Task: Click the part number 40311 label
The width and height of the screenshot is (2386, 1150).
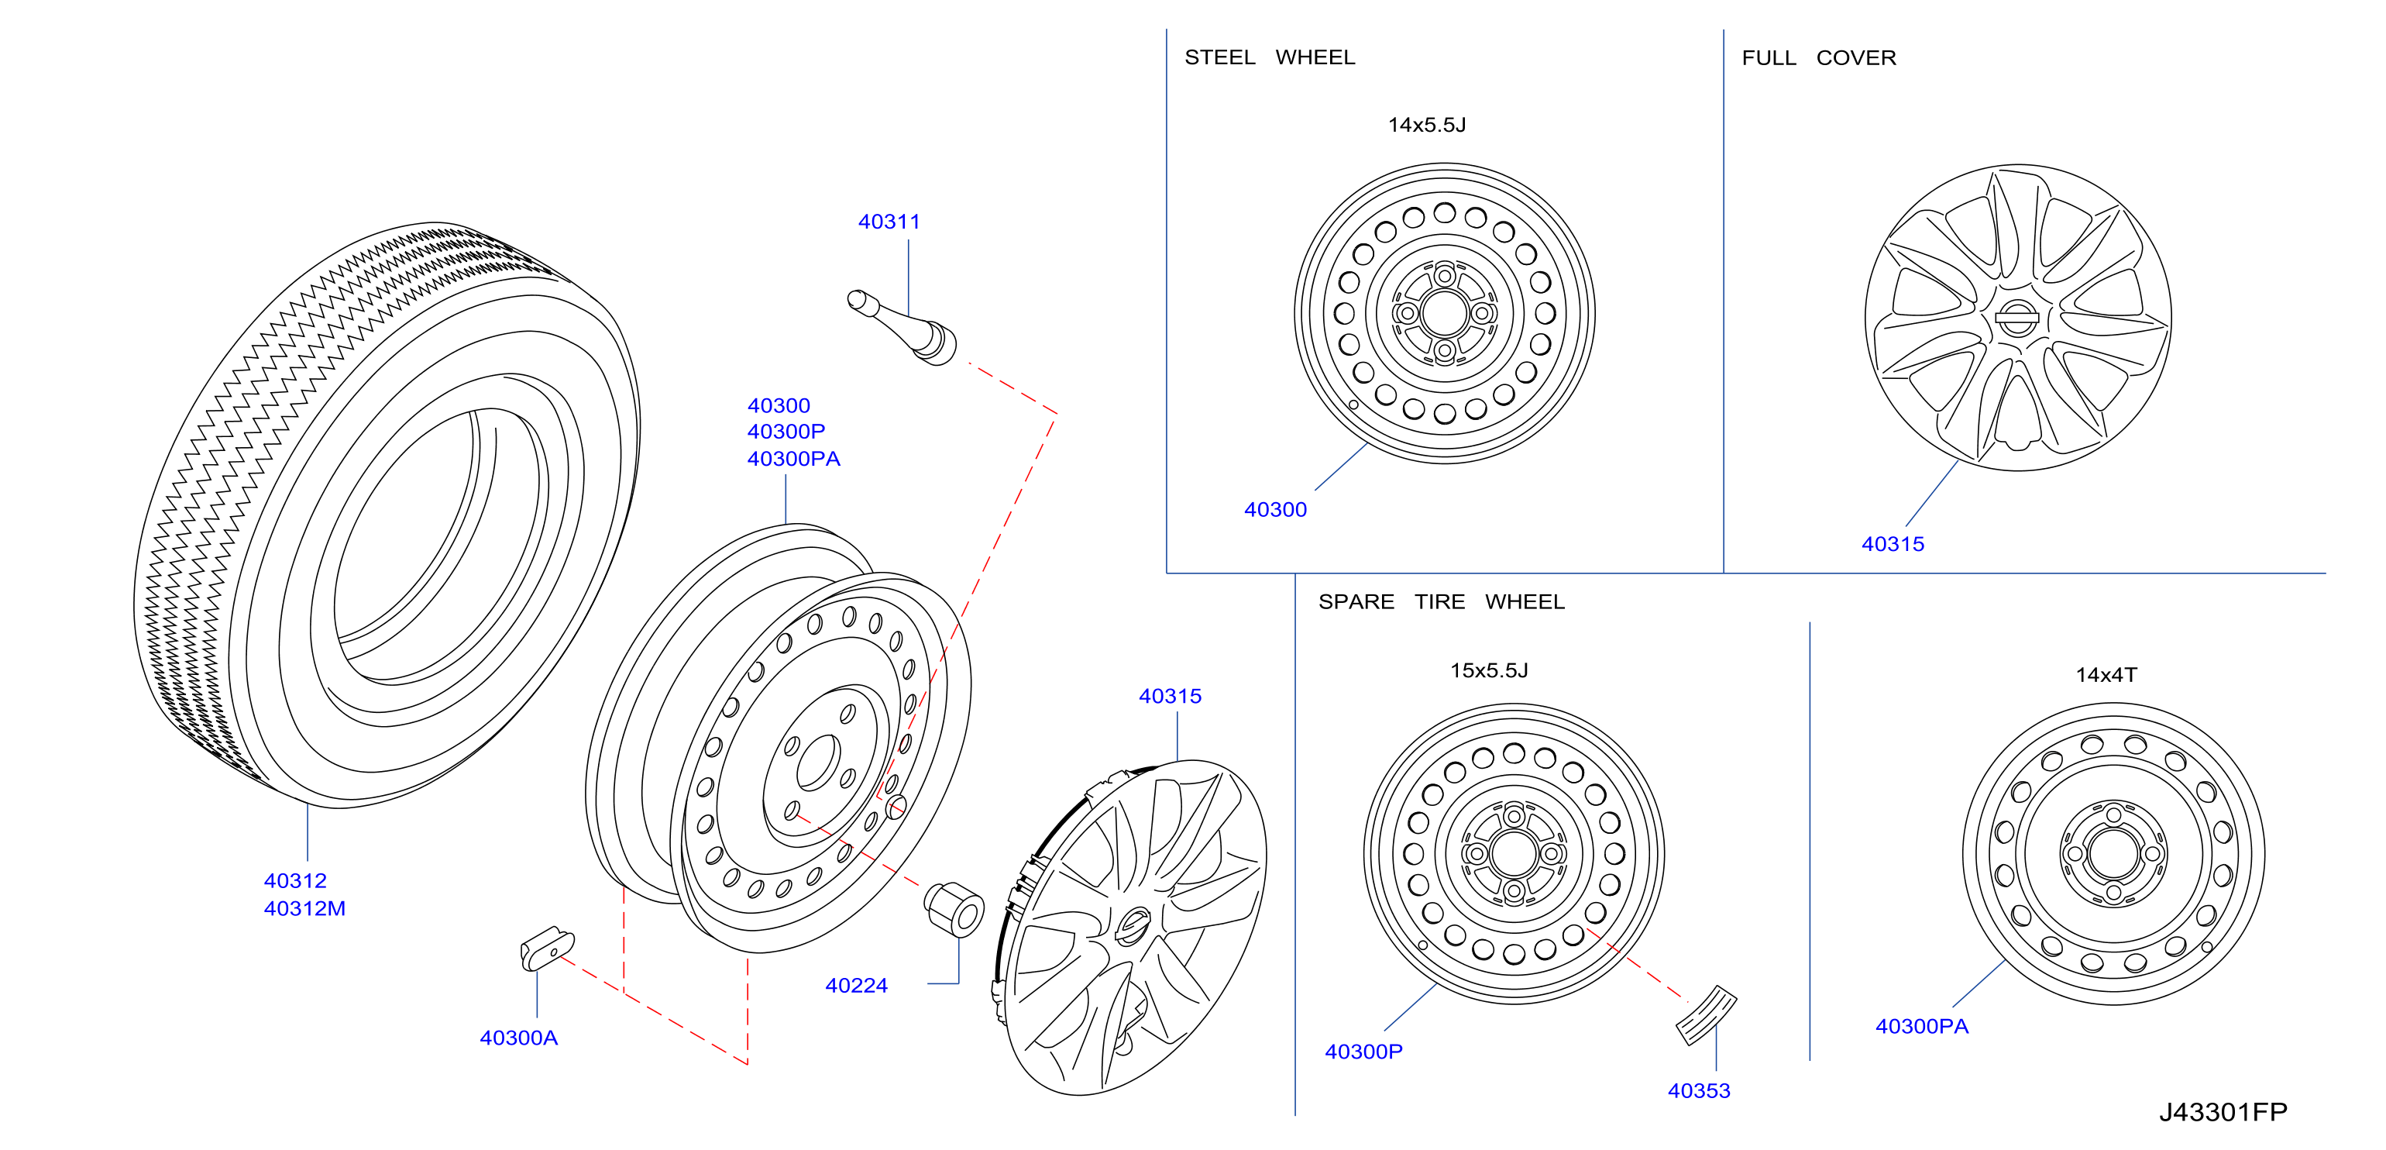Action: coord(889,222)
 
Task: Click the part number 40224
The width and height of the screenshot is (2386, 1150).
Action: coord(856,986)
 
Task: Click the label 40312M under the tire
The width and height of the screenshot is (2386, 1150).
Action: coord(304,909)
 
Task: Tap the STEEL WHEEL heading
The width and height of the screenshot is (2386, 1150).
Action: coord(1270,57)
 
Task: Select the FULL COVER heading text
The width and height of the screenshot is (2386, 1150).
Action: coord(1819,58)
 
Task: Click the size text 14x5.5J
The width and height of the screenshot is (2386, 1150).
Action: coord(1426,125)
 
